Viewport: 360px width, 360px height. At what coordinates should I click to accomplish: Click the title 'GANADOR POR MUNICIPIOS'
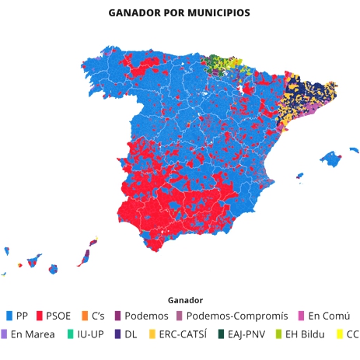180,14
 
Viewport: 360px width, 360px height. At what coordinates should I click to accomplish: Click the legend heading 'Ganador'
185,299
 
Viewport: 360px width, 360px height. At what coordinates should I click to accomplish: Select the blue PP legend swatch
9,316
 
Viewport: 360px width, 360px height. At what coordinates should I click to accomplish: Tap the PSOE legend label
58,316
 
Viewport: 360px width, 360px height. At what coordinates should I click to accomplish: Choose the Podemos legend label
147,316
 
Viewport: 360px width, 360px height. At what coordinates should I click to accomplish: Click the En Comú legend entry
329,316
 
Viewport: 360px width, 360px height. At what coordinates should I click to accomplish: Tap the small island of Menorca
354,149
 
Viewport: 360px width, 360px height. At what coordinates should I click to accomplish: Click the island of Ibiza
299,177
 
